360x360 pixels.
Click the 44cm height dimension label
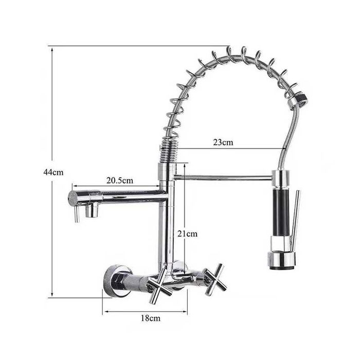(53, 172)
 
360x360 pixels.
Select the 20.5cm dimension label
(120, 180)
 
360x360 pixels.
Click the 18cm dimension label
(150, 318)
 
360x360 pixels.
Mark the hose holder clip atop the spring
(300, 99)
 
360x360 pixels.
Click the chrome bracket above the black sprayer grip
(281, 179)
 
